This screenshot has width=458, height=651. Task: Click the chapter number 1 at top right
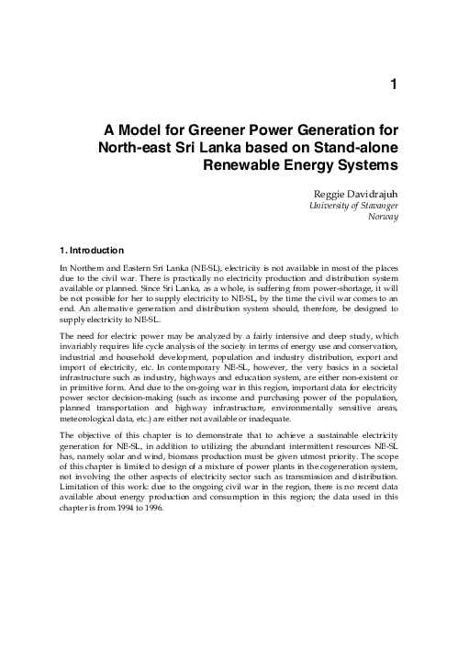[393, 85]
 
